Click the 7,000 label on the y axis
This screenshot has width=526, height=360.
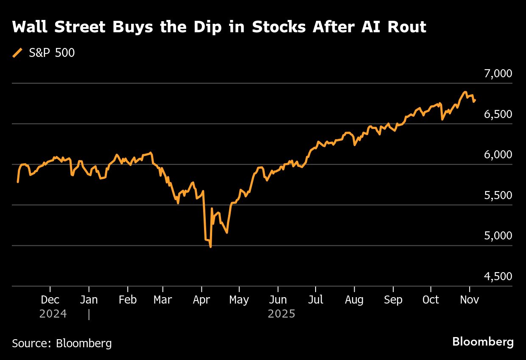498,74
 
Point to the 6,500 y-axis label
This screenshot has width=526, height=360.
498,114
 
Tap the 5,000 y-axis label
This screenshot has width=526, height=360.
498,236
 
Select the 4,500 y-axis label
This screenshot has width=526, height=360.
498,276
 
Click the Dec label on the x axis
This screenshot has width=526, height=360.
50,300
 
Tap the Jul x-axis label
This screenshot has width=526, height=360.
315,300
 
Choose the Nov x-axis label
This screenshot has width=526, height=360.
469,300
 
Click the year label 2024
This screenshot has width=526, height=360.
53,314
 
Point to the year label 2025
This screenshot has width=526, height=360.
281,314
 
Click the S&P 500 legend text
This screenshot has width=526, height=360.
52,53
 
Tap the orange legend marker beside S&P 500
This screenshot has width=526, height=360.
17,53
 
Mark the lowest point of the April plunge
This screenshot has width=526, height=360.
211,247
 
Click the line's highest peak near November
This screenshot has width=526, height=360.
465,92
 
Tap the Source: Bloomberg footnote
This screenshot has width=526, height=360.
62,343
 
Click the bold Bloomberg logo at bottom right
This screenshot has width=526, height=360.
483,342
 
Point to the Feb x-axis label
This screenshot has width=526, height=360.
127,300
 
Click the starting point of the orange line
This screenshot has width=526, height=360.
17,182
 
